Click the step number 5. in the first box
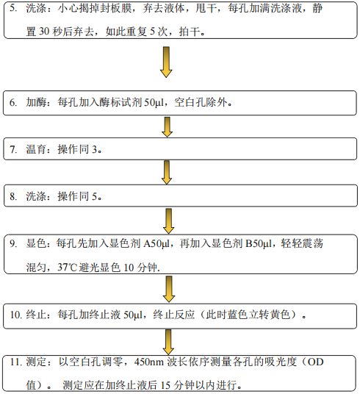[x=13, y=8]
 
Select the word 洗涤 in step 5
[x=36, y=8]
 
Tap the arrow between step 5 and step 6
[x=166, y=62]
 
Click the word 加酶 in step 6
[x=36, y=102]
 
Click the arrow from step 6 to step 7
[x=167, y=127]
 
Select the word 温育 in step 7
[x=36, y=149]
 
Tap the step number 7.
[x=13, y=149]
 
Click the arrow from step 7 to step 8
[x=167, y=173]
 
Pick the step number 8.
[x=13, y=196]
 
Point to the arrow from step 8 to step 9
[x=169, y=221]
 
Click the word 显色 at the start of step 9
[x=36, y=243]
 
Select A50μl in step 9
[x=156, y=243]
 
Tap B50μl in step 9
[x=259, y=243]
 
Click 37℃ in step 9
[x=67, y=267]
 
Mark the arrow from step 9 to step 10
[x=169, y=289]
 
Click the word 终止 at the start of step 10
[x=36, y=315]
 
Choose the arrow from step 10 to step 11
[x=168, y=342]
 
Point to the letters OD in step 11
[x=315, y=362]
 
